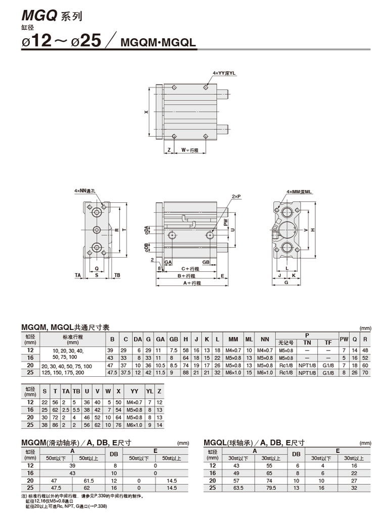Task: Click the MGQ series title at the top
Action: (x=52, y=16)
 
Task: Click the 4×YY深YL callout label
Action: (x=224, y=73)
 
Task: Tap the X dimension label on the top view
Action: (x=146, y=112)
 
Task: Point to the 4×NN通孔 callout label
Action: (x=85, y=191)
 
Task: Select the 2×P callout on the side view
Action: (x=236, y=197)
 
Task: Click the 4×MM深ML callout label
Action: (x=299, y=192)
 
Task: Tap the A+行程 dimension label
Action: (x=192, y=283)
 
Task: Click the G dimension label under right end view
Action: (x=286, y=282)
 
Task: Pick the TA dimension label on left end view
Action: (x=78, y=275)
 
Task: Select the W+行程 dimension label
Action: (x=189, y=150)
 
